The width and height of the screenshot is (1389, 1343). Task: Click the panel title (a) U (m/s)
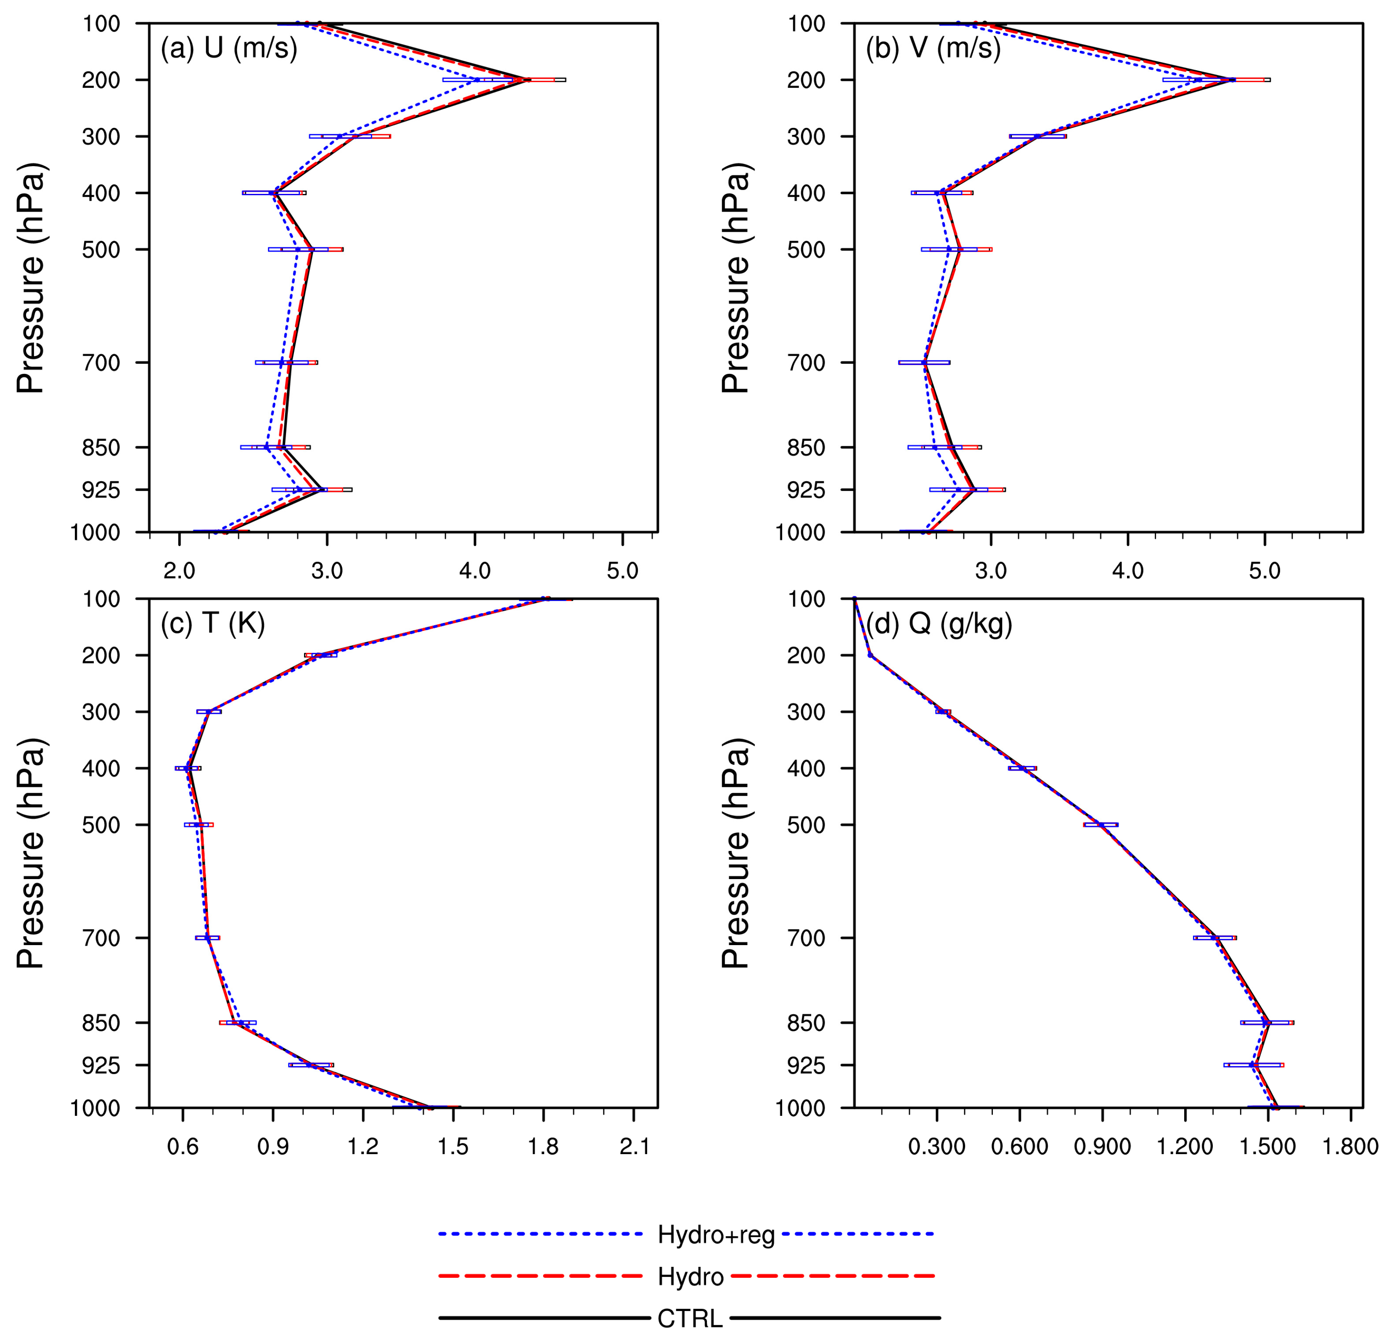pos(228,48)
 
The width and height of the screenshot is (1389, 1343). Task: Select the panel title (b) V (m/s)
pos(933,48)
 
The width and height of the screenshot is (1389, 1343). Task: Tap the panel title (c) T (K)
pos(213,624)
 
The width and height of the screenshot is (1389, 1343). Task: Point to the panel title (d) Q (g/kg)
pos(939,624)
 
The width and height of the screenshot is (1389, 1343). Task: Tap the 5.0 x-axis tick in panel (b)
pos(1264,571)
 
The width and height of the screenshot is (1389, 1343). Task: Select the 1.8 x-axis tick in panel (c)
pos(544,1147)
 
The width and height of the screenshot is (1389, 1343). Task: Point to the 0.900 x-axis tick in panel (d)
pos(1102,1147)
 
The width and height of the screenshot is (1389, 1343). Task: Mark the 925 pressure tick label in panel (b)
pos(807,490)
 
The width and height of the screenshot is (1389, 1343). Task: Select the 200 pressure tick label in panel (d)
pos(807,656)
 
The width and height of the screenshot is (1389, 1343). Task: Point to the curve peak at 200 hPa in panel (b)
pos(1233,80)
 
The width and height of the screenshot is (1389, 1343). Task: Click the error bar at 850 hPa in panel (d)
pos(1267,1022)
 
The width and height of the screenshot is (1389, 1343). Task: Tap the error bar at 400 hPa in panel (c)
pos(188,768)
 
